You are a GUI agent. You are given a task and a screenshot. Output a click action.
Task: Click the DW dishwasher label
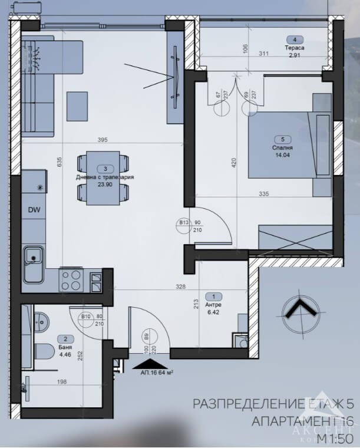click(x=34, y=209)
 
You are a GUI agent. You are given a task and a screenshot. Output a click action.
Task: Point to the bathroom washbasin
click(x=39, y=321)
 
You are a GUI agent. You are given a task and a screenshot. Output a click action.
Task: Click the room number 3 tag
click(x=105, y=168)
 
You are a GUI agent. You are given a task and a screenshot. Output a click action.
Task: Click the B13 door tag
click(x=183, y=223)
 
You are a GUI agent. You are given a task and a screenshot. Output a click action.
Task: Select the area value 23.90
click(x=105, y=183)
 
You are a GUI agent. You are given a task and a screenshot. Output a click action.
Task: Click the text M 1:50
click(x=335, y=439)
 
